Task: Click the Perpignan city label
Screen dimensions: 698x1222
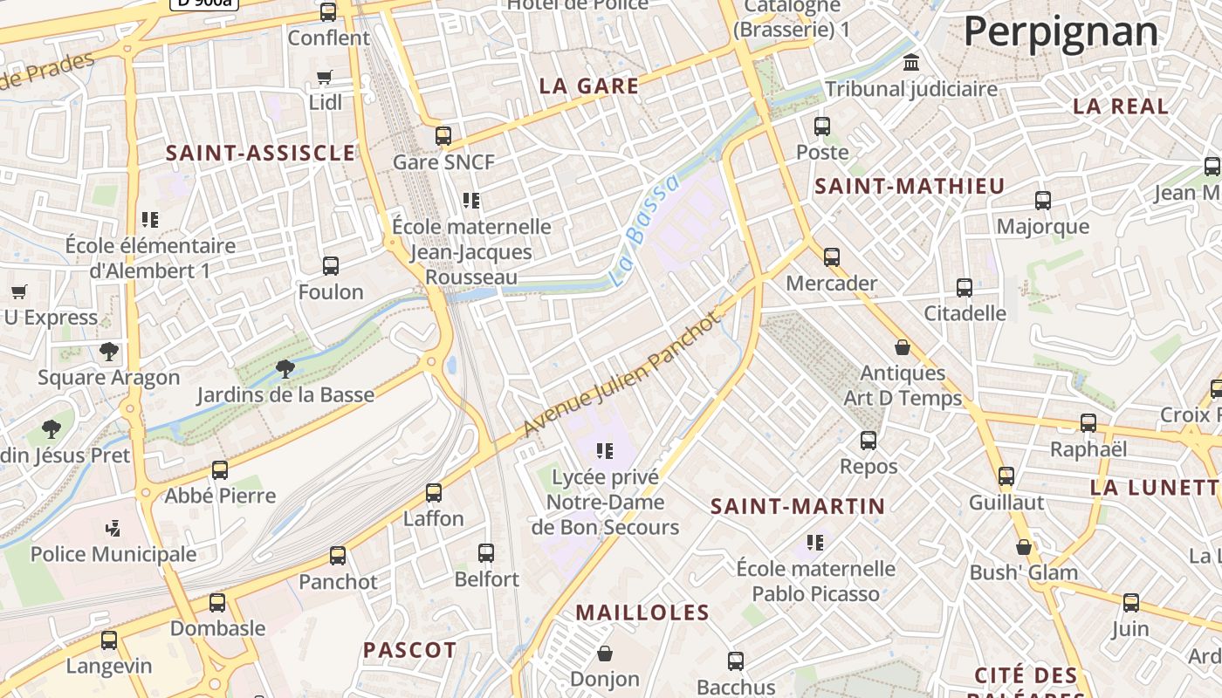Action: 1061,32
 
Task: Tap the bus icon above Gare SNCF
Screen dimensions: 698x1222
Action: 443,136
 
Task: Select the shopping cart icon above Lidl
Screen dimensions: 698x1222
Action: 325,78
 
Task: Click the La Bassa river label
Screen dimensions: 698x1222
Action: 645,230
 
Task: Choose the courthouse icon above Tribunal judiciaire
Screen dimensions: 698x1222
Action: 912,63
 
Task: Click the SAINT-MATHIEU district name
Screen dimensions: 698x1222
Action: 910,186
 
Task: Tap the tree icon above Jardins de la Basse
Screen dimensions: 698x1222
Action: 285,369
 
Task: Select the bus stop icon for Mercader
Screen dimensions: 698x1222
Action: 831,257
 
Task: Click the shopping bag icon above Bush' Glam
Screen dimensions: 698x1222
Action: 1024,548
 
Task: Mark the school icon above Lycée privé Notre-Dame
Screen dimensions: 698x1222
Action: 604,451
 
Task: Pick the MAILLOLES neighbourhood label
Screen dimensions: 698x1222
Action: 642,612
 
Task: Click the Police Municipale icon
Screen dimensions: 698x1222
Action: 113,528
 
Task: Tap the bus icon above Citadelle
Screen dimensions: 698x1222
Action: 965,287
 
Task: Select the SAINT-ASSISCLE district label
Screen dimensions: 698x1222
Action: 260,154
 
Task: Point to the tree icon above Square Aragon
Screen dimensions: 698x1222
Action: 109,352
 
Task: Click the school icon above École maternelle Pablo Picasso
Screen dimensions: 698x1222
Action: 815,543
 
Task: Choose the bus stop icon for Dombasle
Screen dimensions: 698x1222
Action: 217,603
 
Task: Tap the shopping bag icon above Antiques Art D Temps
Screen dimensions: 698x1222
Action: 903,347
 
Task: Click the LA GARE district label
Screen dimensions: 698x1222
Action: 589,86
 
